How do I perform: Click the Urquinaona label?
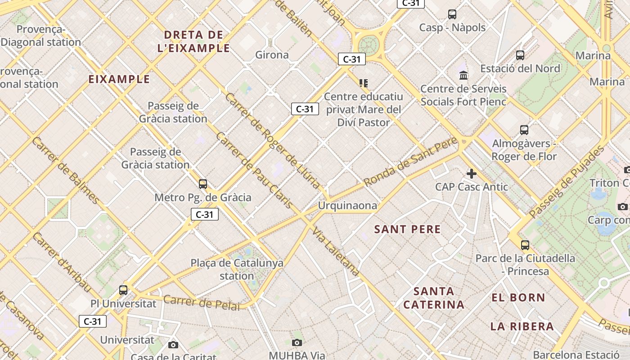point(347,206)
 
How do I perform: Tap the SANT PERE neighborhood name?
point(407,229)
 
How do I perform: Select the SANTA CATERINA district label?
point(434,298)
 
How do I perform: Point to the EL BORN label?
point(518,297)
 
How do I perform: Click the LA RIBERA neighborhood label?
point(522,326)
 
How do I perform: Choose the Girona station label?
point(272,55)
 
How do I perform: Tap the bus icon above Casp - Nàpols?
point(452,14)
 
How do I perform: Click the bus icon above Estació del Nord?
point(520,55)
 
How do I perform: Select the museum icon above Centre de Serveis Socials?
point(463,75)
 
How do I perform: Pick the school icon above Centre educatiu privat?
point(364,83)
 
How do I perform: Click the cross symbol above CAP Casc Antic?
point(471,174)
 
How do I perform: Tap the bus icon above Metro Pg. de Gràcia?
point(203,184)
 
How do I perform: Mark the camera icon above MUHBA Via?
point(297,343)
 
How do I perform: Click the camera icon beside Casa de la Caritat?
point(173,345)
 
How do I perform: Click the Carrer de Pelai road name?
point(201,302)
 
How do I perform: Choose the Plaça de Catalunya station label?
point(237,269)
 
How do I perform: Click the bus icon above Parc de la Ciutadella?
point(525,245)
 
